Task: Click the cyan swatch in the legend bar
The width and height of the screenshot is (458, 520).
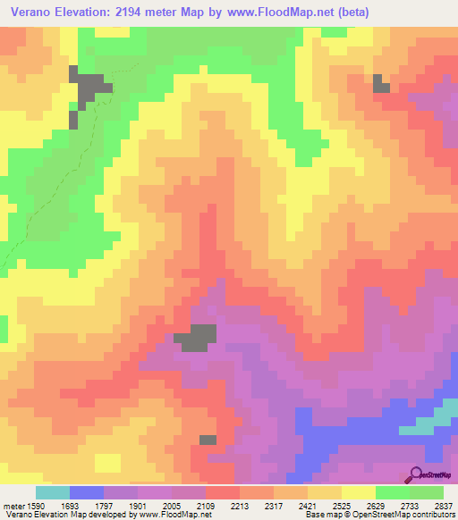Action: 53,492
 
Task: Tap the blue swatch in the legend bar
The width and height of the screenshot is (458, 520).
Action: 87,492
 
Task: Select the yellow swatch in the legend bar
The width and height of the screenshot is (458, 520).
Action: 359,492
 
